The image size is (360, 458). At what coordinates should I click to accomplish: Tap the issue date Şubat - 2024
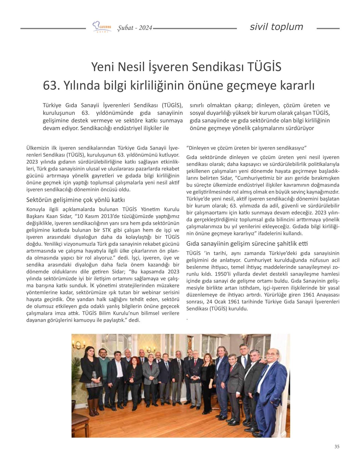point(135,28)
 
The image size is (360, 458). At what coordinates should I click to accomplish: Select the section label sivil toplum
point(276,27)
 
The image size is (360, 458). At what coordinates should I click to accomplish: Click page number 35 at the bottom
point(337,446)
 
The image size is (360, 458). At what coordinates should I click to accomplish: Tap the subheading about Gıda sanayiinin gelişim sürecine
point(247,244)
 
